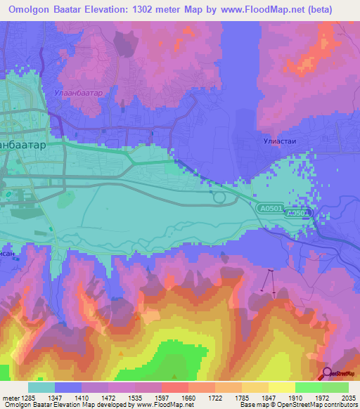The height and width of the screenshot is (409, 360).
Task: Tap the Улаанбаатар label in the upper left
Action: [x=77, y=92]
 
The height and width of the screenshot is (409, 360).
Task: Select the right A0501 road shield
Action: [x=299, y=212]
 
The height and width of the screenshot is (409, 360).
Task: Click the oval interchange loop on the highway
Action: [x=219, y=199]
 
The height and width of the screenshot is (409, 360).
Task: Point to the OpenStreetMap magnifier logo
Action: [x=327, y=374]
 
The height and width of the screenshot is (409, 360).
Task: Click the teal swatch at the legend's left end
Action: [x=41, y=387]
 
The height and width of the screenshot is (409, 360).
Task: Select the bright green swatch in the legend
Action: [x=308, y=387]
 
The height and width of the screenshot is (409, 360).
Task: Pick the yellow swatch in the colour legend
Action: [x=281, y=387]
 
